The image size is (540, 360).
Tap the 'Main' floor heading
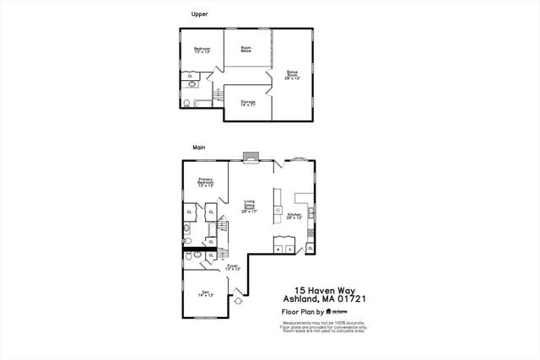(199, 147)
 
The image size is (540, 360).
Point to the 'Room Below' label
(246, 49)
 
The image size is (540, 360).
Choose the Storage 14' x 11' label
(248, 103)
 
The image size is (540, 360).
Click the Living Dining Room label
(249, 206)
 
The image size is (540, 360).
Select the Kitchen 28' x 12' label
(294, 216)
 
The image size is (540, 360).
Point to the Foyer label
(234, 266)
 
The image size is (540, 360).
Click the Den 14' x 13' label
(205, 294)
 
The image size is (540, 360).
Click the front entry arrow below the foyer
(239, 298)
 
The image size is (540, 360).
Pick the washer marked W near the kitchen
(279, 250)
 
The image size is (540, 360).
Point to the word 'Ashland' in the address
(303, 298)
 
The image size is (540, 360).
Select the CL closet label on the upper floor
(190, 76)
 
